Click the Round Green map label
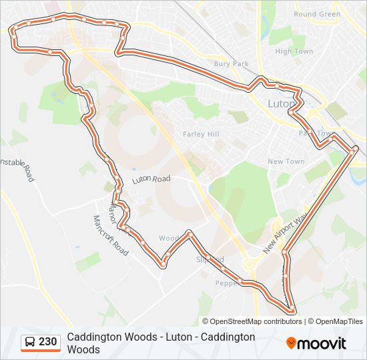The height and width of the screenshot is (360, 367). click(317, 14)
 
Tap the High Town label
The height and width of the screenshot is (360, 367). click(294, 51)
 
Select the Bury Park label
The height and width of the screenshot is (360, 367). click(231, 64)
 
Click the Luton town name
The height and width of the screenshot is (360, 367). click(281, 105)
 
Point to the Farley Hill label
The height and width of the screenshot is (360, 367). click(201, 134)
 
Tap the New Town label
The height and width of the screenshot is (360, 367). click(286, 161)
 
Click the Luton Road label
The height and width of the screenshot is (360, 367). click(151, 179)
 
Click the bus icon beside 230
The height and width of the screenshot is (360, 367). click(31, 342)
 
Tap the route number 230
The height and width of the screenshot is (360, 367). click(48, 342)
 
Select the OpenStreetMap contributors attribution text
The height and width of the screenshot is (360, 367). click(255, 321)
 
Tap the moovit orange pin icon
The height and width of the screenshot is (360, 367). click(291, 343)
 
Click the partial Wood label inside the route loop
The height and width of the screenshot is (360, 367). click(168, 238)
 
